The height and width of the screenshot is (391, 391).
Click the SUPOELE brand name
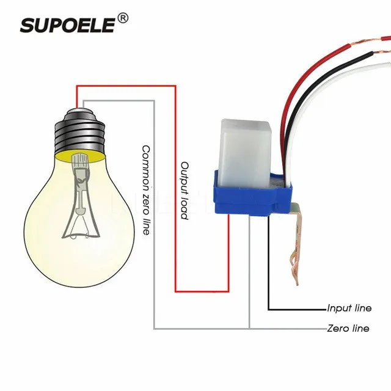(x=67, y=25)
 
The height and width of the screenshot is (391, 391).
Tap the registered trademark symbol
(x=123, y=18)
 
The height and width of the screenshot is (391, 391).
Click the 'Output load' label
(x=185, y=191)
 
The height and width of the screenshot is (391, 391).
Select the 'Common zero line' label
(x=146, y=190)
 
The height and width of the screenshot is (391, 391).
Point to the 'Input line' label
(x=349, y=308)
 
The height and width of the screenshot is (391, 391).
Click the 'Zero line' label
(x=348, y=329)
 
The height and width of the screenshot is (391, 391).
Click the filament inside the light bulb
(x=81, y=197)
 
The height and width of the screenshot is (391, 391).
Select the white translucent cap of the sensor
(x=244, y=153)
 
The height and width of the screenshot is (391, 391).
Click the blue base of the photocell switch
(x=252, y=197)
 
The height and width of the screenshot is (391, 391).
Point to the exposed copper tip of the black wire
(x=381, y=53)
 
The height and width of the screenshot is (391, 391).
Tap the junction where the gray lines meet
(x=249, y=329)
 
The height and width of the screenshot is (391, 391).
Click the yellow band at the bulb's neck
(x=80, y=157)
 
